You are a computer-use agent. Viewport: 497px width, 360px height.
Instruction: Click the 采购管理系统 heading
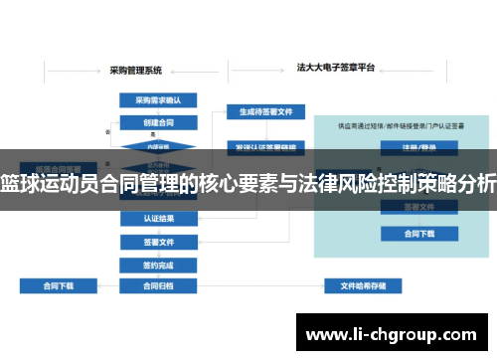point(136,71)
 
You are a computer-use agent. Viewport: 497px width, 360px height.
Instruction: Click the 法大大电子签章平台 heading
point(336,69)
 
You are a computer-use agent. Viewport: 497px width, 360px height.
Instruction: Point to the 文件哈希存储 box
point(364,285)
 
